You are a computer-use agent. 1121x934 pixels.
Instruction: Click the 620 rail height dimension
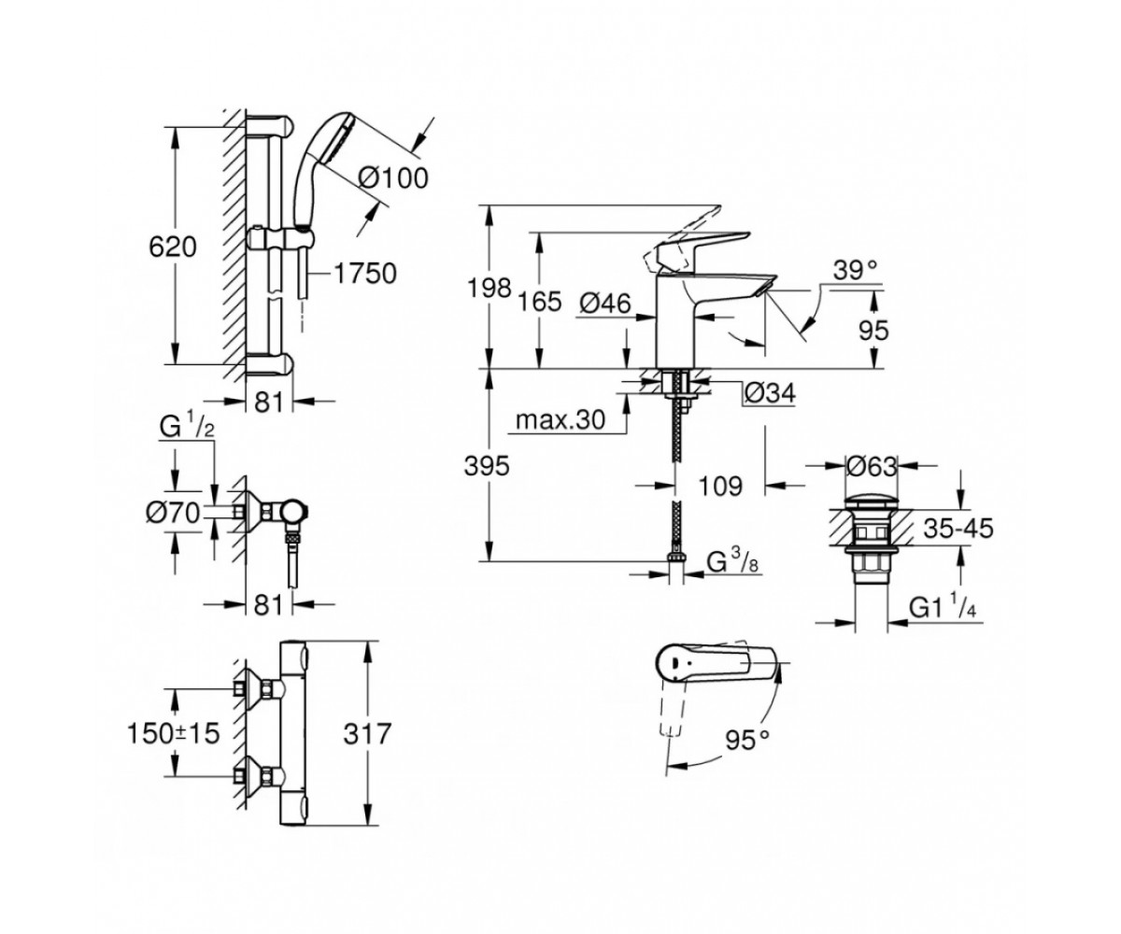[x=172, y=247]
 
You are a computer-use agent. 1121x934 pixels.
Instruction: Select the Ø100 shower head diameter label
[x=393, y=177]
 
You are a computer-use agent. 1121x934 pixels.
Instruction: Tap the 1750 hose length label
[x=365, y=274]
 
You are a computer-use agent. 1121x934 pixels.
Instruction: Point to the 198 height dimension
[x=490, y=289]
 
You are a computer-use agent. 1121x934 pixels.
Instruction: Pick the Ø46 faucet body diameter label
[x=605, y=304]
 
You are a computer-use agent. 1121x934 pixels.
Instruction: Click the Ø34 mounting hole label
[x=770, y=393]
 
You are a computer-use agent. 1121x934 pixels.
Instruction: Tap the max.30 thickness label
[x=560, y=419]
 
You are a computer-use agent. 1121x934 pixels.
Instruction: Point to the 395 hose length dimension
[x=487, y=466]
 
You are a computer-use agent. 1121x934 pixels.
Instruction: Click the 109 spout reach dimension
[x=720, y=486]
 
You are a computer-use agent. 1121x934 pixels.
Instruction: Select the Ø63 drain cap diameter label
[x=872, y=466]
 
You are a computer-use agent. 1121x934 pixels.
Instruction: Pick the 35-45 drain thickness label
[x=958, y=529]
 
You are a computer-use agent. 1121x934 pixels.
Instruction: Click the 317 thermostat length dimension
[x=368, y=733]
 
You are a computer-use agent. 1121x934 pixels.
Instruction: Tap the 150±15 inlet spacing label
[x=174, y=732]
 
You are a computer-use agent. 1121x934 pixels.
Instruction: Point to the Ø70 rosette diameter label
[x=173, y=513]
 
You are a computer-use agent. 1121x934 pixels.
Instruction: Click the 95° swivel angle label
[x=747, y=741]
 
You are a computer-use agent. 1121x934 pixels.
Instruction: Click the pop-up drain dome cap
[x=872, y=504]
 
